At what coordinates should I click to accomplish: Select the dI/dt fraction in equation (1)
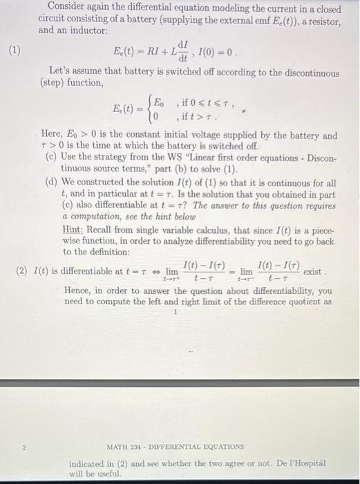[x=183, y=50]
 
